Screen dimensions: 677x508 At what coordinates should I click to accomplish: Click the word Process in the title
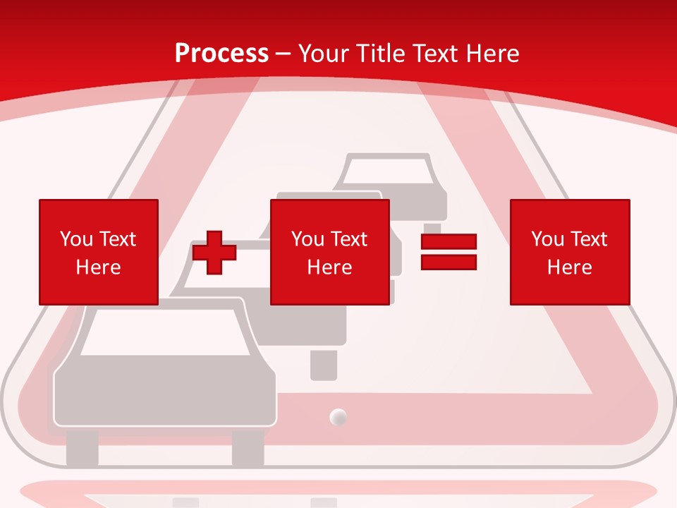pos(222,54)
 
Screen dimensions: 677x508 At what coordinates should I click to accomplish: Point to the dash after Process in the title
pos(283,55)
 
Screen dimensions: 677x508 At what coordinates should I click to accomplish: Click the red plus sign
pos(214,253)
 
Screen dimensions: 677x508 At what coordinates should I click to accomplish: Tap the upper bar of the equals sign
pos(449,241)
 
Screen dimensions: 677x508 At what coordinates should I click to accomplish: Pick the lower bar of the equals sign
pos(449,262)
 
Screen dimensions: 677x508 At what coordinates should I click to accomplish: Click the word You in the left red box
pos(76,239)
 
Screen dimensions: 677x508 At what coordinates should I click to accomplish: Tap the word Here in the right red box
pos(570,267)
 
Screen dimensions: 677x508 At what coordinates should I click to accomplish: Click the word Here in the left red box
pos(98,267)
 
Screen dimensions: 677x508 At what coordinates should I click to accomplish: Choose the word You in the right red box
pos(547,239)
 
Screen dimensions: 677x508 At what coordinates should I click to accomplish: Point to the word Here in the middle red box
pos(329,267)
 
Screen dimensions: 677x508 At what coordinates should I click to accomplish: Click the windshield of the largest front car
pos(165,332)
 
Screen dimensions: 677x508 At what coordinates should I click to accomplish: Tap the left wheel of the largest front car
pos(82,447)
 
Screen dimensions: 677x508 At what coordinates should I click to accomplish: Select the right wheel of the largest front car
pos(248,447)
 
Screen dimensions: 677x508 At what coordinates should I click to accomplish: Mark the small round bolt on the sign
pos(338,417)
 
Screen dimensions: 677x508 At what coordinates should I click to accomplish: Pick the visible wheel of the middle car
pos(324,365)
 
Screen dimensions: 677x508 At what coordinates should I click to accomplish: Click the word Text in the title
pos(438,54)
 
